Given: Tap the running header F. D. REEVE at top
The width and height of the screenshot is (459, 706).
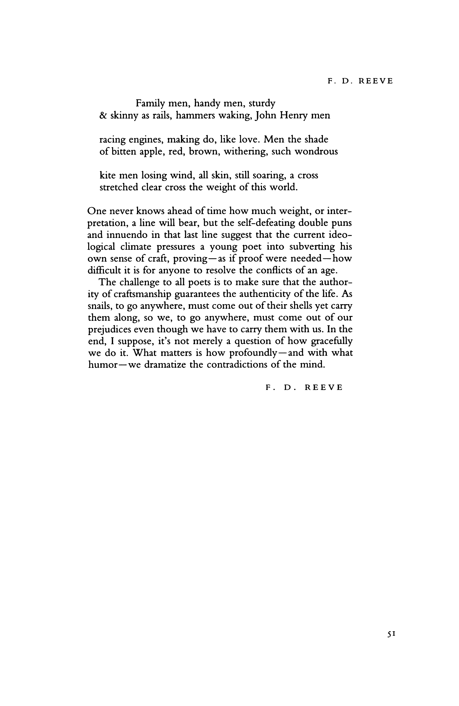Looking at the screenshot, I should [360, 81].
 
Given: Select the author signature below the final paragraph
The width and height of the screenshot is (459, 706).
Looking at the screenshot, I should [304, 387].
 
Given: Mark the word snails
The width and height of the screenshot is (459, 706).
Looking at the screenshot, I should [98, 306].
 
